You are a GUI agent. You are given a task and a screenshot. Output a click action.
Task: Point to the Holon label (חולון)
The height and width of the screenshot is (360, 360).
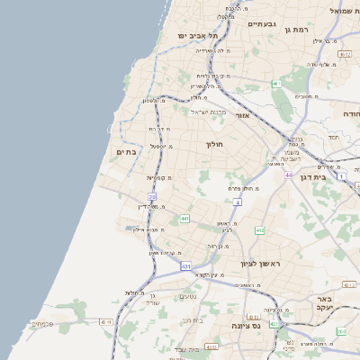click(214, 144)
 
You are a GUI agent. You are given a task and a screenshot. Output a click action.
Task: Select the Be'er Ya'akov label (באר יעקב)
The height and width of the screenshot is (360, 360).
click(326, 302)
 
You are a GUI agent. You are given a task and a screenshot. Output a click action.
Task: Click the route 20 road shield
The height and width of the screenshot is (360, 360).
click(152, 196)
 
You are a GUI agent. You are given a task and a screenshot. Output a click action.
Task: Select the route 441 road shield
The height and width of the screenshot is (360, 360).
click(184, 218)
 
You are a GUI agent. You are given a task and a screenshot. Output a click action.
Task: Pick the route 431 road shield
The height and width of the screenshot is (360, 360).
click(185, 266)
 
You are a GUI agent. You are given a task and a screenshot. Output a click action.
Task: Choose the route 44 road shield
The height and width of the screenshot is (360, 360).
click(289, 175)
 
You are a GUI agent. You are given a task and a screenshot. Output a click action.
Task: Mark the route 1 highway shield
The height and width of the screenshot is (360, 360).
click(341, 175)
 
